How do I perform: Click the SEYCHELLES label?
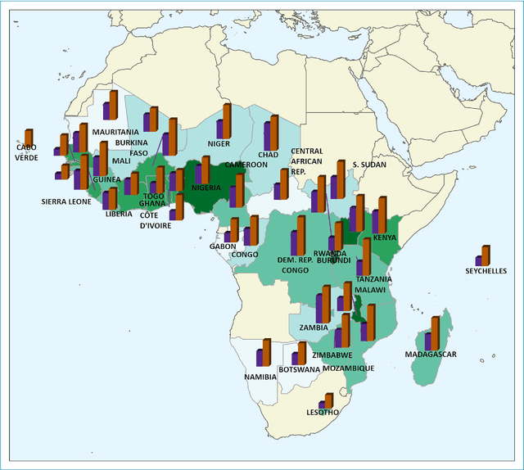[x=486, y=271]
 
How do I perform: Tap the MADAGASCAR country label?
[x=430, y=355]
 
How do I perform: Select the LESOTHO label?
[x=322, y=412]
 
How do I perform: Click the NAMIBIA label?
[x=260, y=377]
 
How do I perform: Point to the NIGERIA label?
[x=206, y=188]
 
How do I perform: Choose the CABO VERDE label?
[x=26, y=152]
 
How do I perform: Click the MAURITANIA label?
[x=115, y=131]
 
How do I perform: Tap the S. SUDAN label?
[x=368, y=165]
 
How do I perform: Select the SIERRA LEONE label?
[x=66, y=201]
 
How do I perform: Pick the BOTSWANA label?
[x=299, y=369]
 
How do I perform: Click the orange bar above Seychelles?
[x=486, y=255]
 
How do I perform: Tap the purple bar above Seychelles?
[x=479, y=260]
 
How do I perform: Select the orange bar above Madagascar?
[x=436, y=332]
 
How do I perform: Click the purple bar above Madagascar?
[x=428, y=340]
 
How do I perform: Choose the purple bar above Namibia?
[x=260, y=357]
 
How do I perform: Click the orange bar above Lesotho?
[x=330, y=400]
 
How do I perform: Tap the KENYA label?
[x=384, y=237]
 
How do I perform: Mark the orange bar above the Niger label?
[x=227, y=120]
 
